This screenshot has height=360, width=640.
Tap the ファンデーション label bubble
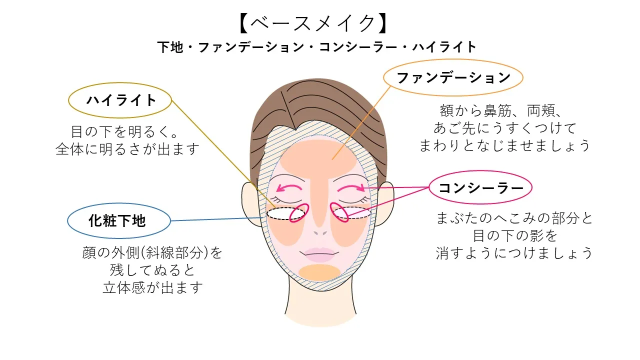pyautogui.click(x=453, y=78)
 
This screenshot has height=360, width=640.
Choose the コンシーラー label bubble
pyautogui.click(x=480, y=188)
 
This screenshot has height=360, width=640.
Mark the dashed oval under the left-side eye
pyautogui.click(x=285, y=214)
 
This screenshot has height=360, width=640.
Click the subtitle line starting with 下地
pyautogui.click(x=317, y=47)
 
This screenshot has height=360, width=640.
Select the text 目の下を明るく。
pyautogui.click(x=124, y=132)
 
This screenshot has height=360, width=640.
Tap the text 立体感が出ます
pyautogui.click(x=152, y=288)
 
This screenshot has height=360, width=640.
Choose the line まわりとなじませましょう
pyautogui.click(x=505, y=145)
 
